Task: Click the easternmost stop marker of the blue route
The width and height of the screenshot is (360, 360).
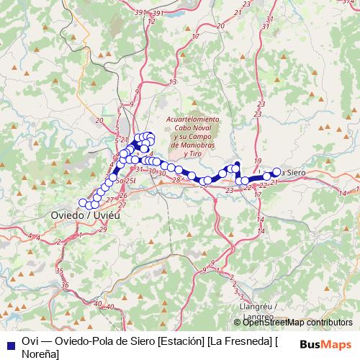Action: pyautogui.click(x=276, y=172)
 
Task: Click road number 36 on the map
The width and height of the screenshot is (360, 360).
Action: pyautogui.click(x=65, y=285)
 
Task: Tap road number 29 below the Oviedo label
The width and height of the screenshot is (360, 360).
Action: pyautogui.click(x=103, y=229)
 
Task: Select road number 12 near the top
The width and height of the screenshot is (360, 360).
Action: pyautogui.click(x=150, y=21)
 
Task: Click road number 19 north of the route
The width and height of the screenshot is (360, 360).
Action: pyautogui.click(x=258, y=161)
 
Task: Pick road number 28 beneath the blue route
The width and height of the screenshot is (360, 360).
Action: pyautogui.click(x=175, y=180)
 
